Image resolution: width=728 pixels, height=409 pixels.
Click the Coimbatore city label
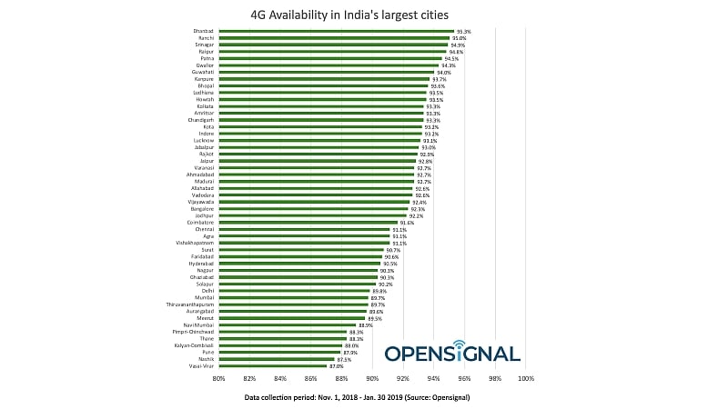tap(200, 222)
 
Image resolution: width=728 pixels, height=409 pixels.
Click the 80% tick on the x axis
tap(218, 379)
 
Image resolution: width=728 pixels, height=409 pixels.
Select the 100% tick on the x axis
tap(525, 379)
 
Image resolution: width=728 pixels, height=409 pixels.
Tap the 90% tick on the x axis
tap(371, 379)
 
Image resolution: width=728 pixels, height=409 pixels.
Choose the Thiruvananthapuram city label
tap(190, 304)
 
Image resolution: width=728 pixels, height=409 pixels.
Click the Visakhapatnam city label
tap(195, 243)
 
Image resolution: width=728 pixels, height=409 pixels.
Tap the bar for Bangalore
tap(313, 208)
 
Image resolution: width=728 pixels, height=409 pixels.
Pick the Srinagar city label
tap(202, 45)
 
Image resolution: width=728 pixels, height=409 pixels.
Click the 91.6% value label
tap(407, 222)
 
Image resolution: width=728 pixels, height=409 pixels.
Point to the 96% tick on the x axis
tap(464, 379)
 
